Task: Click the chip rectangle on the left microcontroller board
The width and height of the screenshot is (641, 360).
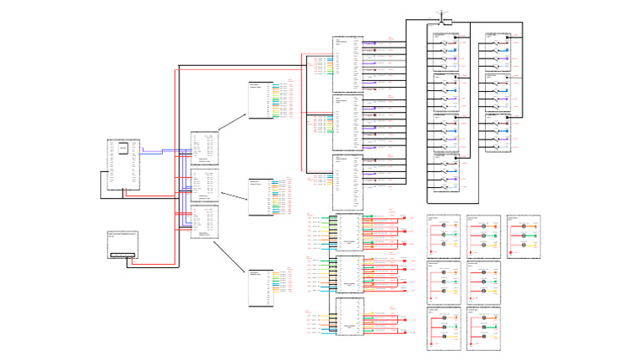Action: point(124,149)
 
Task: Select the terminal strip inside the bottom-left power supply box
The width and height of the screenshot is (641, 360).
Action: point(124,254)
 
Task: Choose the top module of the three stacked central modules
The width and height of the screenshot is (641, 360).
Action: point(204,149)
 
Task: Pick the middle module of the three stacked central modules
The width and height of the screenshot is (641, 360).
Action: point(204,185)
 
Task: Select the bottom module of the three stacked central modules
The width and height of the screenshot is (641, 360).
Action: point(204,221)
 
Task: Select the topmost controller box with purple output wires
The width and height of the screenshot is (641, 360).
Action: point(348,63)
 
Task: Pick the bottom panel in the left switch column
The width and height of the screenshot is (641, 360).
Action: point(446,172)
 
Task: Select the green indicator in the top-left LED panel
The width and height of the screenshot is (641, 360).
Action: point(457,236)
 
